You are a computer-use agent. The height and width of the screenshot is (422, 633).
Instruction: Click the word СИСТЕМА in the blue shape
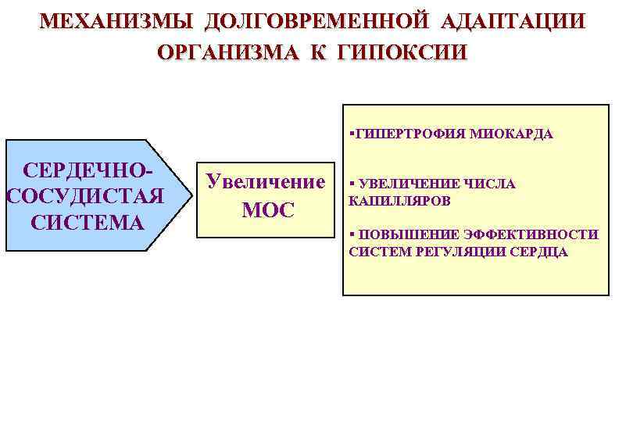click(x=88, y=222)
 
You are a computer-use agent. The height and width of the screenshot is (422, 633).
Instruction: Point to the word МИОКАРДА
click(x=512, y=134)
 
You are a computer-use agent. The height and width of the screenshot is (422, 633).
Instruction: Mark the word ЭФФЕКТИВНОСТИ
click(x=526, y=234)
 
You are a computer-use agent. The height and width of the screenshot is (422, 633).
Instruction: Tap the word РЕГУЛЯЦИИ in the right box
click(x=456, y=252)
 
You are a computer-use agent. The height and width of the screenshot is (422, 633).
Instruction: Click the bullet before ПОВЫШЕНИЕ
click(x=352, y=234)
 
